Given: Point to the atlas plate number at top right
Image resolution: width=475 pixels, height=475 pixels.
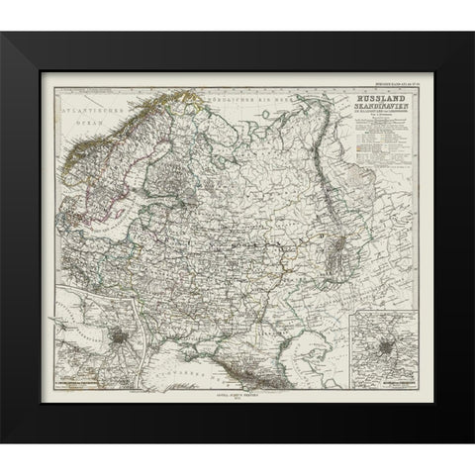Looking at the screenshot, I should pyautogui.click(x=392, y=87).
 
